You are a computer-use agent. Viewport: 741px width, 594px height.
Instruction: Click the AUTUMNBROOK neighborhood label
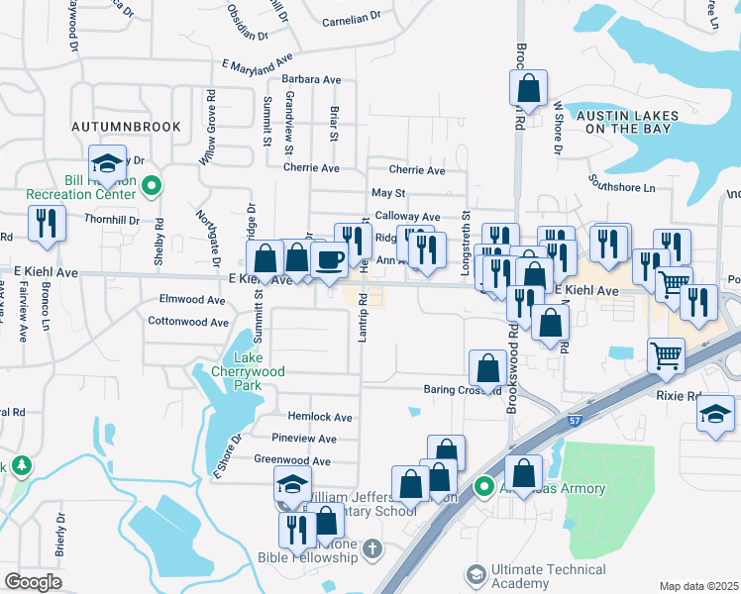[x=126, y=127]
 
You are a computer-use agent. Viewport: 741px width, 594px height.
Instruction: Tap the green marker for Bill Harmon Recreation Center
[x=152, y=185]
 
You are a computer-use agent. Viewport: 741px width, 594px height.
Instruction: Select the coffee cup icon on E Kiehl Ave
[x=329, y=259]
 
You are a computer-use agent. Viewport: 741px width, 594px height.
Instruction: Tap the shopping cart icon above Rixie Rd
[x=666, y=354]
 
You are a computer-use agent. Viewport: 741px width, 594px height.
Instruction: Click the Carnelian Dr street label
[x=352, y=18]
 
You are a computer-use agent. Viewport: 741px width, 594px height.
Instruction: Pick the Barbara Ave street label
[x=311, y=79]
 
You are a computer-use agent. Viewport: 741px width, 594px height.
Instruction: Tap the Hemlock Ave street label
[x=320, y=418]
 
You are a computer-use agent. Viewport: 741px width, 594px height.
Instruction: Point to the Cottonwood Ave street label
[x=188, y=322]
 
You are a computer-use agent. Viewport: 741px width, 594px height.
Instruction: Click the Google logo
[x=33, y=582]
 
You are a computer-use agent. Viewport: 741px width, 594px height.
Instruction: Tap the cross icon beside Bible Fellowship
[x=371, y=547]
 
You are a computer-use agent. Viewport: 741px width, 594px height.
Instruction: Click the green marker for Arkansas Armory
[x=483, y=486]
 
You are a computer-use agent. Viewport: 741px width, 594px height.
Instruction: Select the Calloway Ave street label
[x=407, y=217]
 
